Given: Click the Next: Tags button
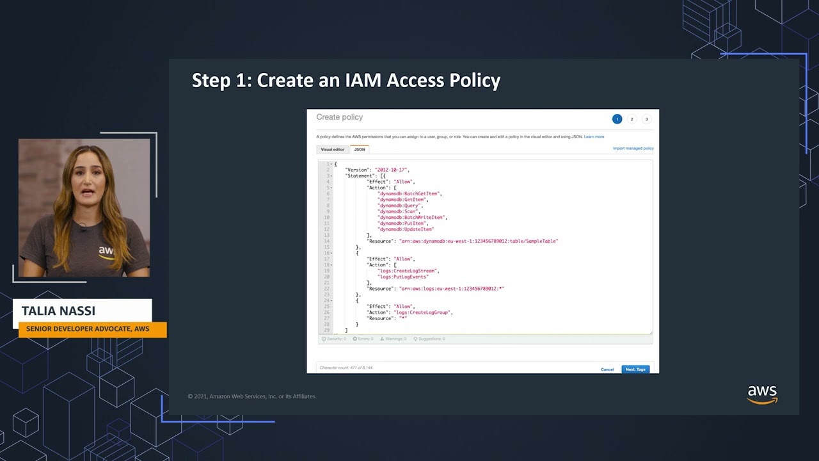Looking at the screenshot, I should click(x=635, y=369).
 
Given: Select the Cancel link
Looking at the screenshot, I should click(x=607, y=369).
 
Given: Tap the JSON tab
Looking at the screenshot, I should click(x=360, y=149).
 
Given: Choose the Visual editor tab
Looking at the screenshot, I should click(x=333, y=149).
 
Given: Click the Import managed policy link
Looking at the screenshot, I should click(x=633, y=149).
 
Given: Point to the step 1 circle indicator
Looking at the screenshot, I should click(x=617, y=119).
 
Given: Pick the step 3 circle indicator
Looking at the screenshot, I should click(x=646, y=119).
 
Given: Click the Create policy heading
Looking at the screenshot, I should click(x=339, y=117).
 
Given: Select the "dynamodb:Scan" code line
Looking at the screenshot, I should click(x=397, y=211).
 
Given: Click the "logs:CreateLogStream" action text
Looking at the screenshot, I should click(x=408, y=271).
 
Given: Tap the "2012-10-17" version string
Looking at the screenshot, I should click(x=391, y=170).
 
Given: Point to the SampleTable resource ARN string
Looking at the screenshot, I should click(x=478, y=241).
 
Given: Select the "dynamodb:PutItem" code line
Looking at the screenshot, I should click(x=402, y=223).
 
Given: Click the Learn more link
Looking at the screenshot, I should click(x=594, y=137).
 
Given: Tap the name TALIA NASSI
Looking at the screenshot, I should click(x=58, y=311).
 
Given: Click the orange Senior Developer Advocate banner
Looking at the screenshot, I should click(x=88, y=329).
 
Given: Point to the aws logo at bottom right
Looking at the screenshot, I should click(x=762, y=394).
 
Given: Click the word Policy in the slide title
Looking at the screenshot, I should click(x=474, y=81).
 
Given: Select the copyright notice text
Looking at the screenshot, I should click(x=252, y=396).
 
